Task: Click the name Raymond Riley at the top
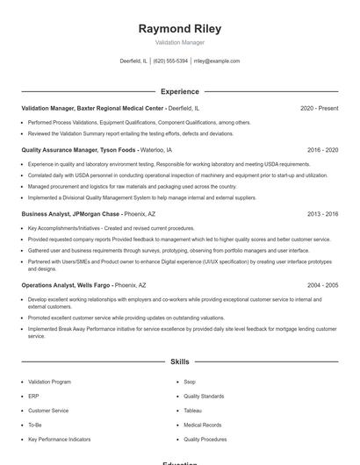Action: (180, 28)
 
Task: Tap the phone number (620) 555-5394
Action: (171, 61)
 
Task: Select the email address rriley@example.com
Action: (216, 61)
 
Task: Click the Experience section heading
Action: (180, 91)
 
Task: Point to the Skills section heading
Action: (180, 361)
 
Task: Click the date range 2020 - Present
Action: (319, 108)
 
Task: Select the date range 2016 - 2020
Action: (320, 150)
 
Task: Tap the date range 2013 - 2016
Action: (320, 213)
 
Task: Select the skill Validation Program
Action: (49, 382)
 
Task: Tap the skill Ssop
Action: (190, 382)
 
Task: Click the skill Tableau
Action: (192, 410)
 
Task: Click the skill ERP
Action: (33, 396)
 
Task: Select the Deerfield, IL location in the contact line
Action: (133, 61)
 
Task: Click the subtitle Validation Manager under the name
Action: (180, 42)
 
